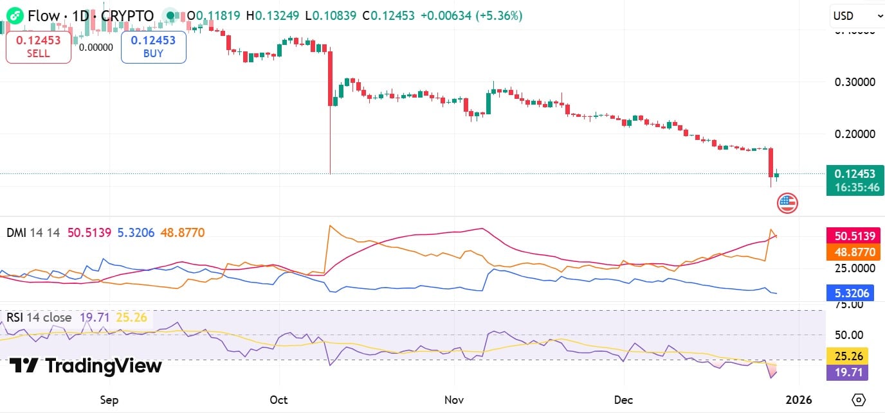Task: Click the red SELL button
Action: [39, 47]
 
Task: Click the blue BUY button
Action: [153, 47]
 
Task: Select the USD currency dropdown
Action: [853, 16]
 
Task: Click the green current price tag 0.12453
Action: [855, 174]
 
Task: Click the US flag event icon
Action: [787, 204]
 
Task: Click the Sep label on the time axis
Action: [109, 400]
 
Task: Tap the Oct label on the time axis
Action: [278, 400]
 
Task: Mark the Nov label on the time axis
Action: [454, 400]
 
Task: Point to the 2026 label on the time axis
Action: [799, 400]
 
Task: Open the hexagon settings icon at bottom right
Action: [858, 400]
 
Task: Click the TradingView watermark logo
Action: [86, 366]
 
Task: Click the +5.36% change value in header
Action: [498, 16]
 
